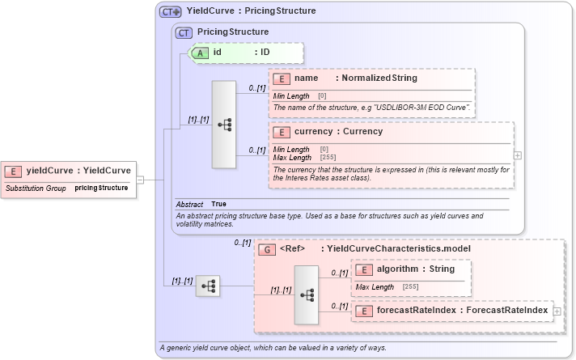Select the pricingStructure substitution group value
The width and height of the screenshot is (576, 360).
[101, 188]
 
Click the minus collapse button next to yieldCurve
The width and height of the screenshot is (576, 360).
[140, 179]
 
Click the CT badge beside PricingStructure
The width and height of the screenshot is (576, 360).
[184, 32]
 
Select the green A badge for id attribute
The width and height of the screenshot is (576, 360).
[199, 53]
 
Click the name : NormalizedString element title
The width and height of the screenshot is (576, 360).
[356, 78]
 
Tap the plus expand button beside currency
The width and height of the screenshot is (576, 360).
[518, 155]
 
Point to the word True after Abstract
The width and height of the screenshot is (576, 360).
[218, 205]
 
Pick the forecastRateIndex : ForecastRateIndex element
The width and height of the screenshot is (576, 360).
[452, 310]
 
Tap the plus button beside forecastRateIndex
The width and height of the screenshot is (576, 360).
[557, 311]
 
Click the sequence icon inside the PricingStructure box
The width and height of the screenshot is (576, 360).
[224, 125]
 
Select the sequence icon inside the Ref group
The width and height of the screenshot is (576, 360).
[307, 295]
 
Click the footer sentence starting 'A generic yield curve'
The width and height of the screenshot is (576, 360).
[273, 348]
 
